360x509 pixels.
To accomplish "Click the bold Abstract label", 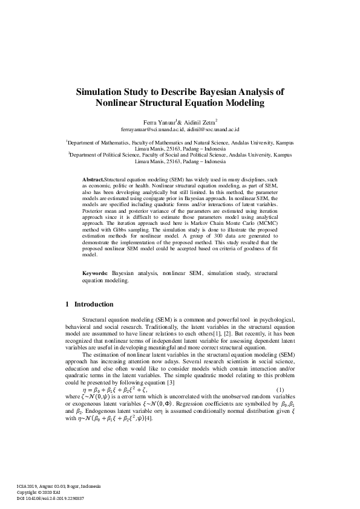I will click(93, 181).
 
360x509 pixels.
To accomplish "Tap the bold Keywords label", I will click(96, 274).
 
